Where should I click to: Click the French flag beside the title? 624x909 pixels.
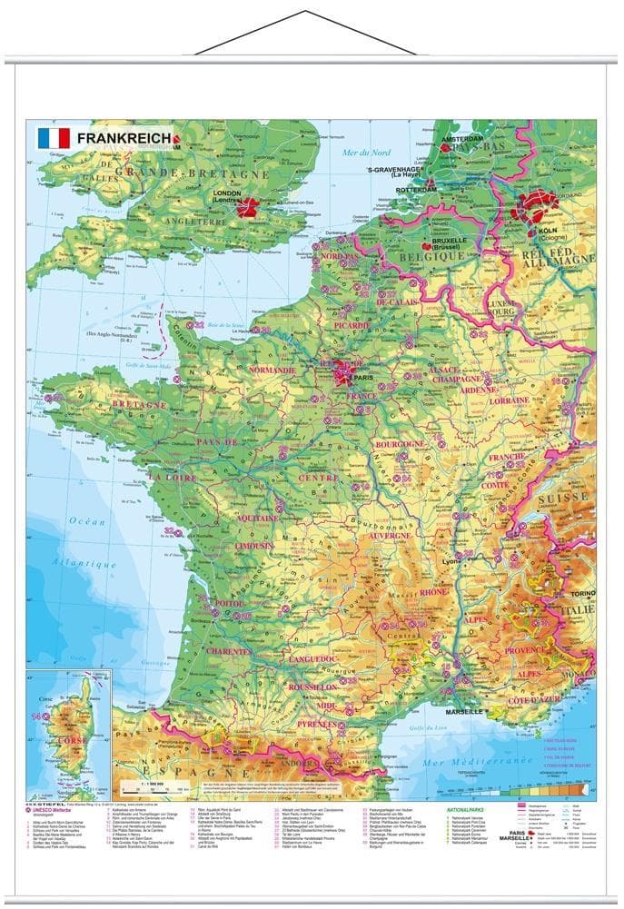click(x=53, y=138)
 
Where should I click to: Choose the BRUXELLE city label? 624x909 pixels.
click(x=444, y=241)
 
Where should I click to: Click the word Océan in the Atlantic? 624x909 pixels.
click(x=88, y=521)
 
